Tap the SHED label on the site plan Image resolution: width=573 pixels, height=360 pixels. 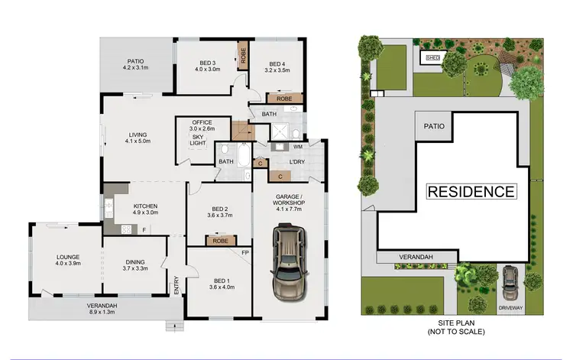pos(433,57)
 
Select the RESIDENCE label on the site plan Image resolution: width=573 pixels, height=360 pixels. pos(471,191)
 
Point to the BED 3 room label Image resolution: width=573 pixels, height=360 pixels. pos(207,63)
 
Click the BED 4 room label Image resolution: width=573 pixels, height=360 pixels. pos(277,63)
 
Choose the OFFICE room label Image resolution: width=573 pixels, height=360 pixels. pos(202,122)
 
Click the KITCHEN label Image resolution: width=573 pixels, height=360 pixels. pos(145,206)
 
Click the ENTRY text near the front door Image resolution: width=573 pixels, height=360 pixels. pos(176,285)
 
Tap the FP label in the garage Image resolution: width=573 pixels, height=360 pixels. pos(245,251)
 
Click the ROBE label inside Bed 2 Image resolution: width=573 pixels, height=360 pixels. pos(220,241)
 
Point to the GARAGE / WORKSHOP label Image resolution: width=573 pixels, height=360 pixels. pos(289,200)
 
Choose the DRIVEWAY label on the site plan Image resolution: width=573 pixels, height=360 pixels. pos(510,307)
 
